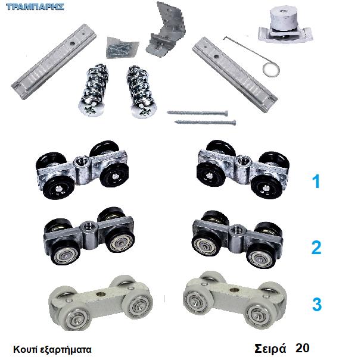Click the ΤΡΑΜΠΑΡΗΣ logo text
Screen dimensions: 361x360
(35, 7)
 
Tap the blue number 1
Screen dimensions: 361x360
(316, 181)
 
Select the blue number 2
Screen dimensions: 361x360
(316, 248)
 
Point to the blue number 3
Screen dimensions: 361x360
(317, 304)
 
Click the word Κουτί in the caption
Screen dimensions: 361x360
(25, 349)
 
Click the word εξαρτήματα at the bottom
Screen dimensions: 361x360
(66, 350)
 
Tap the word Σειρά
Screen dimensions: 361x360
(270, 349)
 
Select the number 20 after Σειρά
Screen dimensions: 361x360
(302, 348)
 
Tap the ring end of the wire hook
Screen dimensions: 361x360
(271, 70)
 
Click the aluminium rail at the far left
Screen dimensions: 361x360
(54, 61)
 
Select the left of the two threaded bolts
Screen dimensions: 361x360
(94, 90)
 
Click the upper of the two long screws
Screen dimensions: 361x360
(197, 112)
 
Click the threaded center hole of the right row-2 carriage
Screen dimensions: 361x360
(235, 229)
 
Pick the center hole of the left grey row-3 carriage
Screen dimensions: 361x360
(101, 294)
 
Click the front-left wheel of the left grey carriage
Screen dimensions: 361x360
(74, 318)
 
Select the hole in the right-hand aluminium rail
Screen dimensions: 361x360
(216, 56)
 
